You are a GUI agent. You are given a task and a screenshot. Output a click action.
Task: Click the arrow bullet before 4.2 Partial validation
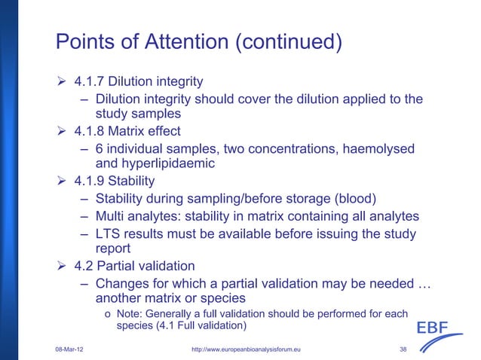click(63, 266)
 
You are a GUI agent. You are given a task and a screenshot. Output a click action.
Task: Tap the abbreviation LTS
click(109, 233)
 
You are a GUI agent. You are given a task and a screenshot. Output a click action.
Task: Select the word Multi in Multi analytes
click(112, 215)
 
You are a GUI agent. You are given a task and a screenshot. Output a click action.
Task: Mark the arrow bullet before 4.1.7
click(63, 81)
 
